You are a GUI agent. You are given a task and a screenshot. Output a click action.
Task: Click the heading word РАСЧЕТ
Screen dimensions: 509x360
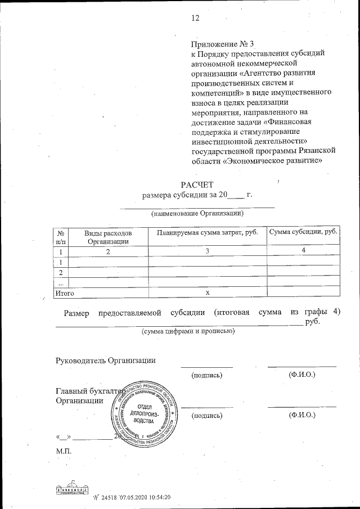click(x=197, y=184)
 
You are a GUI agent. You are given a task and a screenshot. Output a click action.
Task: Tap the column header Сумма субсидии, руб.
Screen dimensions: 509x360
click(x=303, y=232)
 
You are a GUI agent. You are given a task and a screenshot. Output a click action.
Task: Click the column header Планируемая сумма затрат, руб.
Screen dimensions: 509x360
click(x=207, y=233)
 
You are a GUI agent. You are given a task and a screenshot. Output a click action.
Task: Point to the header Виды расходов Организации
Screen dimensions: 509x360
click(x=108, y=237)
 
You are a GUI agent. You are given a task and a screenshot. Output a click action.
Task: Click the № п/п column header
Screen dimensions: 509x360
click(x=60, y=237)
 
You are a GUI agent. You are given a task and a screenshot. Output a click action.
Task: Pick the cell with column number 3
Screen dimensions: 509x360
click(x=207, y=251)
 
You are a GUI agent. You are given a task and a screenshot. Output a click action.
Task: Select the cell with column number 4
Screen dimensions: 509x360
click(x=303, y=251)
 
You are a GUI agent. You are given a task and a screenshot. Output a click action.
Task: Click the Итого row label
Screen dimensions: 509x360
click(x=64, y=292)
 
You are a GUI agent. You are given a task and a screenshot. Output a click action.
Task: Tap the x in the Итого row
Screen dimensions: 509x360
click(x=207, y=292)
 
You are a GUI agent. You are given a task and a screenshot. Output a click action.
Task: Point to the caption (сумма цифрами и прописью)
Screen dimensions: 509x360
click(x=188, y=332)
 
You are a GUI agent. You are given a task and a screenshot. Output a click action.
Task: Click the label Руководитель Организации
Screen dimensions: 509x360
click(x=105, y=360)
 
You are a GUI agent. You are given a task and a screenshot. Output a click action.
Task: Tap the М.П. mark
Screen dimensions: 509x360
click(x=63, y=450)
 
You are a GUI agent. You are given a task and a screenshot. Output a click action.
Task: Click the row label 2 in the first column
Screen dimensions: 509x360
click(x=60, y=272)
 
